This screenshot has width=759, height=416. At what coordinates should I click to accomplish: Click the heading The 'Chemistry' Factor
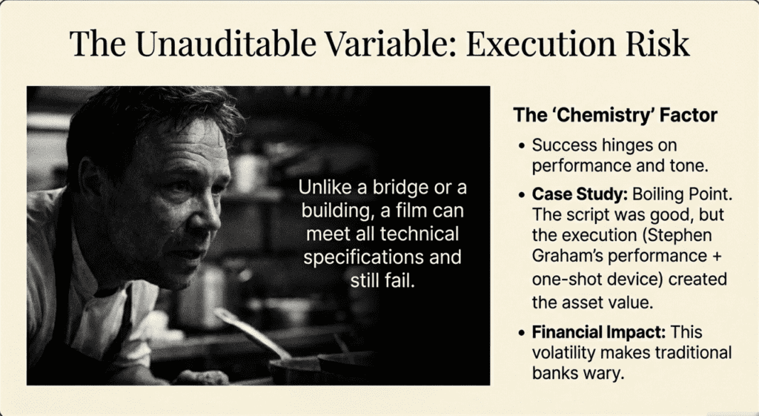coord(615,115)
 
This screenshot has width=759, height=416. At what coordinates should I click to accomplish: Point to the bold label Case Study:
coord(580,194)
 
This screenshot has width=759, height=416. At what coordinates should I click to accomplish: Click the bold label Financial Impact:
coord(599,332)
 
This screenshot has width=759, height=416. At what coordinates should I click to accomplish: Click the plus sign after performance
coord(717,256)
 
